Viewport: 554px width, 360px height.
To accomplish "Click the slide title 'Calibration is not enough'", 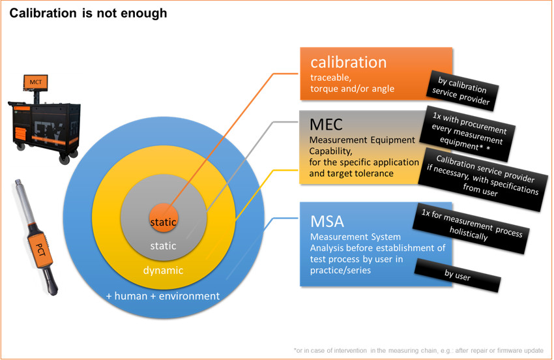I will tap(88, 13).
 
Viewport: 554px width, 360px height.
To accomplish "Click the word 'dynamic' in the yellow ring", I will tap(163, 270).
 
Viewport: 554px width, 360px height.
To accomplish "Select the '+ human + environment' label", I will tap(163, 296).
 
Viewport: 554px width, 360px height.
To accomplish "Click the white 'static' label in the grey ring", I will tap(163, 246).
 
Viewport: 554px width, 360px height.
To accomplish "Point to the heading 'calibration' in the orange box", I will tap(348, 63).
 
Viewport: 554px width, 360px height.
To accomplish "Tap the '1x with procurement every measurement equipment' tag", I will tap(469, 130).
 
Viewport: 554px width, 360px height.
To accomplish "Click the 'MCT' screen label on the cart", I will tap(35, 82).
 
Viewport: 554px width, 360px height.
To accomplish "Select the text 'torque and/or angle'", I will tap(352, 89).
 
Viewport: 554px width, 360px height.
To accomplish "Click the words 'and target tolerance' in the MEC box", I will tap(350, 174).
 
